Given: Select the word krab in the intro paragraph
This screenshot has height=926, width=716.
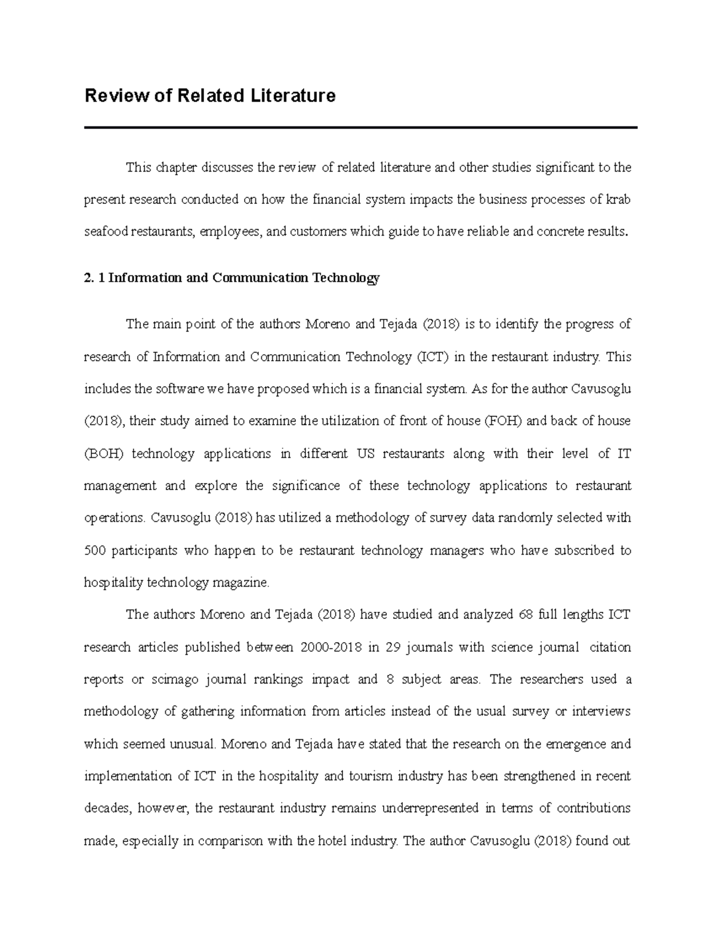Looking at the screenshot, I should (619, 200).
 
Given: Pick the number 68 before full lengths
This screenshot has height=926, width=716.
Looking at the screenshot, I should (526, 615).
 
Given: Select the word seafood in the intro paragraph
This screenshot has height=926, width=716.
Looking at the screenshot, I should (106, 232).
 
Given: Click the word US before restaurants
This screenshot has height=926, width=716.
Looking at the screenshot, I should (365, 454).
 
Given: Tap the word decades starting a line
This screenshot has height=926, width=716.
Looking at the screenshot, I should (107, 809).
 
